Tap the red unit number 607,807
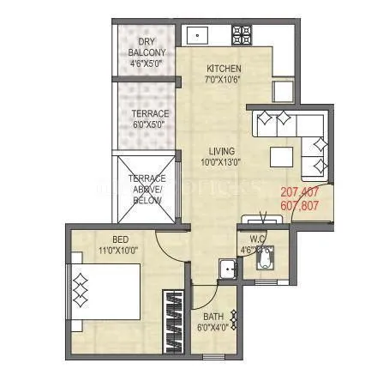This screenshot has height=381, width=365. pyautogui.click(x=300, y=206)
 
